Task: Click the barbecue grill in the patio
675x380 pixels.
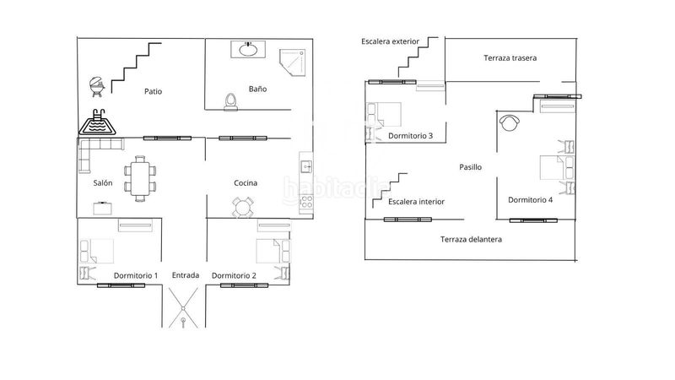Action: (97, 87)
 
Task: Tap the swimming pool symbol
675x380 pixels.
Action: (97, 122)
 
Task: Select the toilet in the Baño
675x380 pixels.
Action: (230, 102)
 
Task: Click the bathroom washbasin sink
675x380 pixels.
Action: (248, 50)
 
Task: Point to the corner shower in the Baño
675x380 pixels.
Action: (293, 62)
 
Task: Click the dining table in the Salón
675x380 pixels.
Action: (140, 179)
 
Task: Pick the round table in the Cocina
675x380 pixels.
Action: (242, 208)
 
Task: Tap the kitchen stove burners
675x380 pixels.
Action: (306, 202)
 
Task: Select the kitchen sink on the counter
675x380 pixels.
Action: (306, 166)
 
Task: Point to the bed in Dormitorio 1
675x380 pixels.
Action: (96, 251)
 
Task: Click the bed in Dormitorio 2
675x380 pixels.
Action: (273, 251)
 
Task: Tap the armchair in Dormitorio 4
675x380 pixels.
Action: (510, 122)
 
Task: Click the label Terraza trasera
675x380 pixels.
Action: (510, 57)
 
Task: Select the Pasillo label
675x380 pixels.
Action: (470, 166)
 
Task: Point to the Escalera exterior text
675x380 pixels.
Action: (390, 41)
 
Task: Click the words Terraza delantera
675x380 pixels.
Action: (471, 239)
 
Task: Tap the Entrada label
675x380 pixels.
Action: (186, 275)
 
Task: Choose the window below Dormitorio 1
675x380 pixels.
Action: (121, 285)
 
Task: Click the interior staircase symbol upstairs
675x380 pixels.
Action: (390, 190)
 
